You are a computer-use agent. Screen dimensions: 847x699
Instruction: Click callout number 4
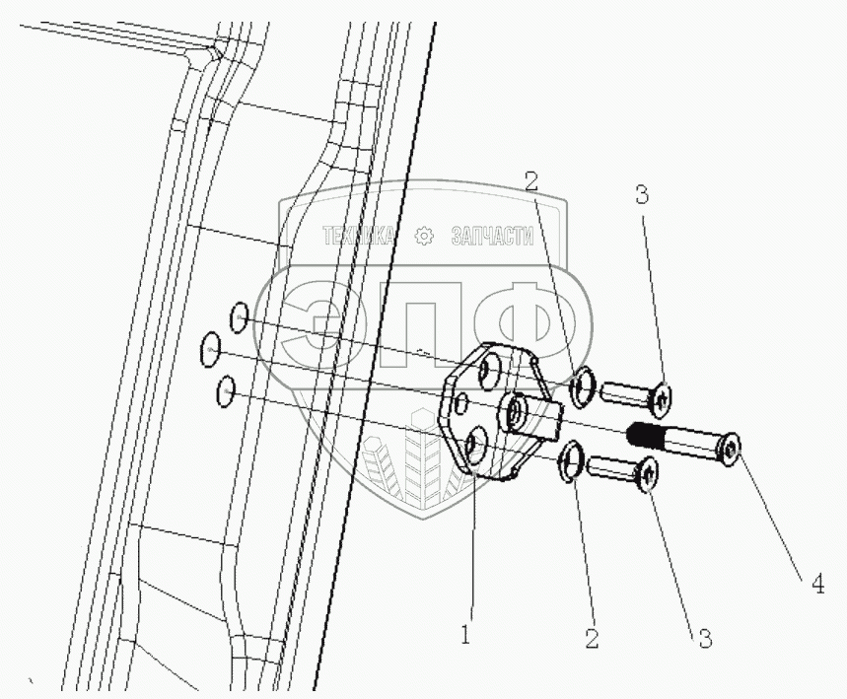point(818,585)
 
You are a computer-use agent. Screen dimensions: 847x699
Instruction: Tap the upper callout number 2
point(531,180)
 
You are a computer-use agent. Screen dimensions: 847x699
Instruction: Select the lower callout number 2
point(591,637)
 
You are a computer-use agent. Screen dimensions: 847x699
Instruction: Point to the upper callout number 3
point(642,195)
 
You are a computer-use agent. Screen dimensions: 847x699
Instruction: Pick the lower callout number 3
point(705,638)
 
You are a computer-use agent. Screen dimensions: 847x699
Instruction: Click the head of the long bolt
point(731,450)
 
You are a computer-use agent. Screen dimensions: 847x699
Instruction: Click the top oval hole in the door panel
point(239,317)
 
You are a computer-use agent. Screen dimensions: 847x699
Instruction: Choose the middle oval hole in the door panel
point(211,349)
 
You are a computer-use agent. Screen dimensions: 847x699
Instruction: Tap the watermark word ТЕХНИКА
point(358,237)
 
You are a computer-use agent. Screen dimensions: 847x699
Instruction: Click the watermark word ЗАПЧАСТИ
point(491,237)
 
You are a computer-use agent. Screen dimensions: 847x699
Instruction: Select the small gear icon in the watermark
point(424,237)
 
